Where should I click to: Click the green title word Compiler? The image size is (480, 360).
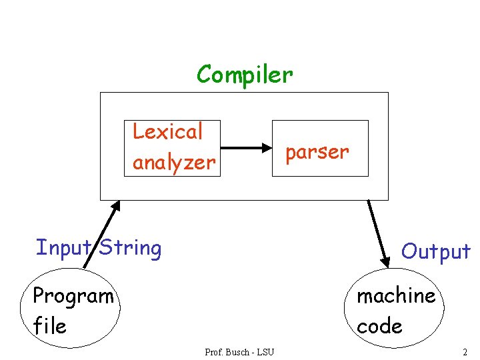(245, 75)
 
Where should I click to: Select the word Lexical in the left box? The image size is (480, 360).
(167, 131)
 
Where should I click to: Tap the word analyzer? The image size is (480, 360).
(174, 163)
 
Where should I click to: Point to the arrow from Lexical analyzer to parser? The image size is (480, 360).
(246, 148)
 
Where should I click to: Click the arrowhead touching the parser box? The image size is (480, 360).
(267, 148)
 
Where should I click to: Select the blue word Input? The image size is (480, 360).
(64, 248)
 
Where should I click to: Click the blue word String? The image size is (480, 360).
(131, 248)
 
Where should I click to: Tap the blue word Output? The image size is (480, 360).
(436, 251)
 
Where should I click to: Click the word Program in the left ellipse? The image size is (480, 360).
(73, 296)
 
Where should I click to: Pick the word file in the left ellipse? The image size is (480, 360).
(49, 325)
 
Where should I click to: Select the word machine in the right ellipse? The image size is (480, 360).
(396, 296)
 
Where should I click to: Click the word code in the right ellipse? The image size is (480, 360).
(379, 326)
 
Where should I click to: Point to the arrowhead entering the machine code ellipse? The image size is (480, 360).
(385, 262)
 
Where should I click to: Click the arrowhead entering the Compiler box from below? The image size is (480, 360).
(116, 206)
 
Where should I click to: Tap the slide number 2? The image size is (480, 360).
(465, 352)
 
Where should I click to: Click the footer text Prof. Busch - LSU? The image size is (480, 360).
(239, 352)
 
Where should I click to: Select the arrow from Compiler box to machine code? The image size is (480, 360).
(379, 234)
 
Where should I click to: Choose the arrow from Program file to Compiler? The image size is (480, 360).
(102, 235)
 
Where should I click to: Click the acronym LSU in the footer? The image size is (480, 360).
(265, 352)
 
